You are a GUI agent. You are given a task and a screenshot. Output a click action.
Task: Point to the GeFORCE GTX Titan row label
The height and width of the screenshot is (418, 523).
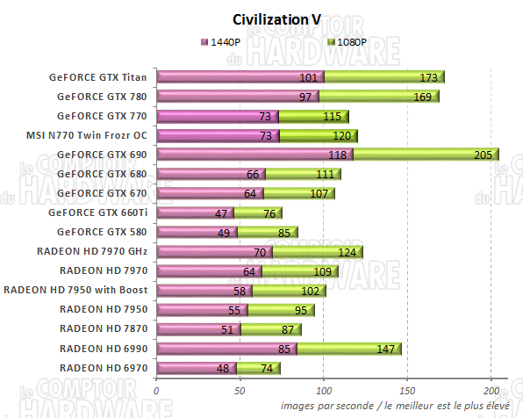(98, 77)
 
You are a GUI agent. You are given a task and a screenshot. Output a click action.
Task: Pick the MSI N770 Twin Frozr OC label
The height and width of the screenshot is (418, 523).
(87, 135)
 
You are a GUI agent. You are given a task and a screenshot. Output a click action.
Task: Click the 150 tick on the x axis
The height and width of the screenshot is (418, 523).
(407, 392)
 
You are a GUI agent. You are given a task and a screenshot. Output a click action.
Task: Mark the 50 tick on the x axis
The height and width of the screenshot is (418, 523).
(240, 392)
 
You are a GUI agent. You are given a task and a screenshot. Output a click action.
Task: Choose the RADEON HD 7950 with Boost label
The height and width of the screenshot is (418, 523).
(76, 290)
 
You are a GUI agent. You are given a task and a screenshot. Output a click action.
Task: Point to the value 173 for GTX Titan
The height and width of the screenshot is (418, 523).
(429, 77)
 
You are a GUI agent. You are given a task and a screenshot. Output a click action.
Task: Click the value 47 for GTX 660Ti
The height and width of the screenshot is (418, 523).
(221, 213)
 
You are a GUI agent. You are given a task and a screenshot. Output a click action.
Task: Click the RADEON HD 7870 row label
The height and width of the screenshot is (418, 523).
(103, 328)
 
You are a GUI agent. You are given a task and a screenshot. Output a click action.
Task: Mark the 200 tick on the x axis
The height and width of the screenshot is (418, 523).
(491, 392)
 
